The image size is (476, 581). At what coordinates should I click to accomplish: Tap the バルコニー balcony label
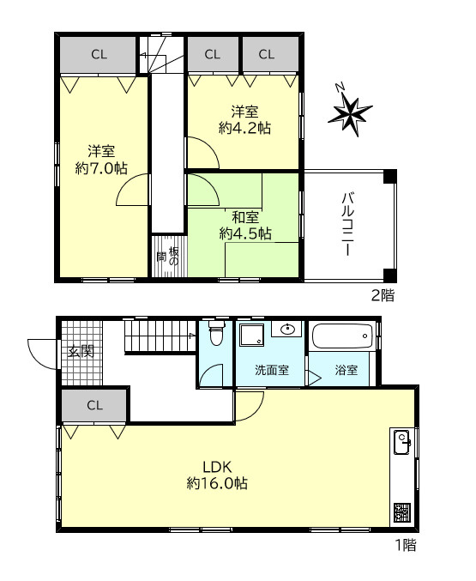point(347,224)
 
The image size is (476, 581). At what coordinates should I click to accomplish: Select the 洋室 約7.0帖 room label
point(101,160)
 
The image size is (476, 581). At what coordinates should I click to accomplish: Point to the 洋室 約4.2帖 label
point(244,119)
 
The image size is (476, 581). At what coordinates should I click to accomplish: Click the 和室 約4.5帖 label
point(245,226)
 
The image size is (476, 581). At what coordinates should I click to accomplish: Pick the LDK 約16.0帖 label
point(217,475)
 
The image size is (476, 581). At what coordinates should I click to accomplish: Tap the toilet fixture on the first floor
point(217,333)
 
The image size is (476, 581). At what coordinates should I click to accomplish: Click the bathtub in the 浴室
point(342,336)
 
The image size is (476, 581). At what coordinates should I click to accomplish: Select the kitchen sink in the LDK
point(402,442)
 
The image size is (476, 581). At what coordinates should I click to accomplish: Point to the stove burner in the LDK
point(402,512)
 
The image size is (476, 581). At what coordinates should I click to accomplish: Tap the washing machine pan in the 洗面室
point(252,335)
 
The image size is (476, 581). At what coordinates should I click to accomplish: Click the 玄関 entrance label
point(81,351)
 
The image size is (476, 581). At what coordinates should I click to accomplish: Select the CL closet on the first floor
point(95,405)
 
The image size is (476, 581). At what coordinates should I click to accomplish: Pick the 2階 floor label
point(383,296)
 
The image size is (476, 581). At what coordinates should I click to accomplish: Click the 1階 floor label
point(406,546)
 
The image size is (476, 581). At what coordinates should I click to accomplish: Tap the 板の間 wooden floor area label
point(168,257)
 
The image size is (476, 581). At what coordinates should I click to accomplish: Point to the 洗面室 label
point(272,370)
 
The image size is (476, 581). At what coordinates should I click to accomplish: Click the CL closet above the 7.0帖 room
point(98,54)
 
